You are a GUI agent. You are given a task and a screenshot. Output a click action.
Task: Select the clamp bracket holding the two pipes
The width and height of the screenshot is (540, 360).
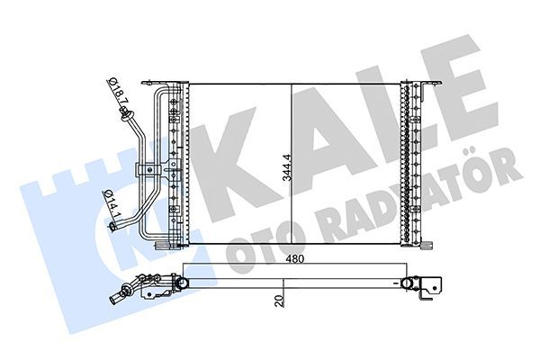144,169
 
